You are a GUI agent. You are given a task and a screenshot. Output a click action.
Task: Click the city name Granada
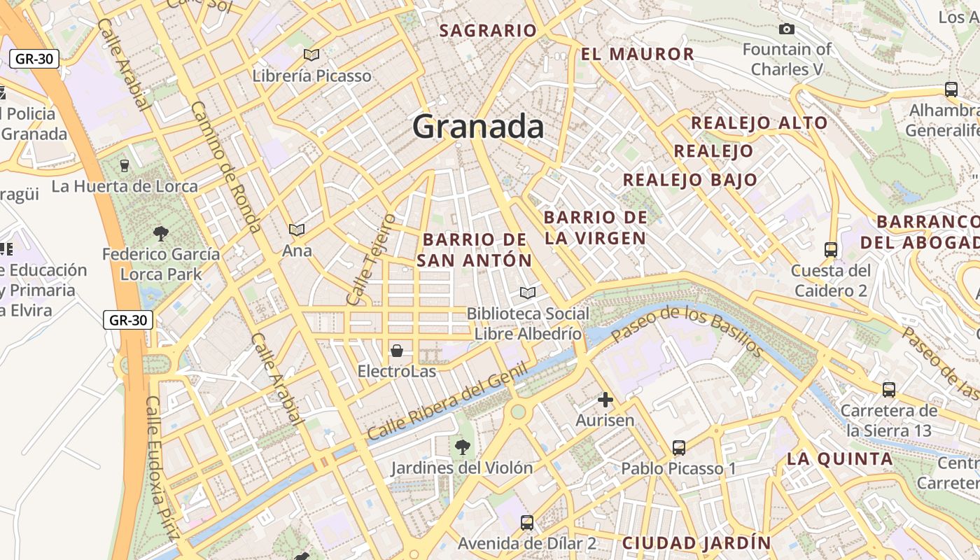point(478,127)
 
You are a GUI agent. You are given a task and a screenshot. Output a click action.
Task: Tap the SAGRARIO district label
point(488,31)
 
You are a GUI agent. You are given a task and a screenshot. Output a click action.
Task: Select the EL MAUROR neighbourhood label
point(637,54)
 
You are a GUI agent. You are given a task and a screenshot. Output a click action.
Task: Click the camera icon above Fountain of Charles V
point(787,29)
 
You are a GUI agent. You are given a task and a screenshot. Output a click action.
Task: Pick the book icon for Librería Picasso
point(311,55)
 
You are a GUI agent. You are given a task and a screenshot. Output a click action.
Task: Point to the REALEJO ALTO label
point(759,123)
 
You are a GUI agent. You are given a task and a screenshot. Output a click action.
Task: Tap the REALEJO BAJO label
point(690,180)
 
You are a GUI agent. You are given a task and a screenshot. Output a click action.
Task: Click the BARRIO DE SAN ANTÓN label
point(475,250)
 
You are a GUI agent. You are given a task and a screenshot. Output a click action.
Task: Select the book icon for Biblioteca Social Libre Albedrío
point(528,293)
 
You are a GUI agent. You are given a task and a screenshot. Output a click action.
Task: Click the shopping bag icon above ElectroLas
point(397,350)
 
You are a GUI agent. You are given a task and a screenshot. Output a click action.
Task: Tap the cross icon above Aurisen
point(605,400)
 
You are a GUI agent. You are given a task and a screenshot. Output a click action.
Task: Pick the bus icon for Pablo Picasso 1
point(678,447)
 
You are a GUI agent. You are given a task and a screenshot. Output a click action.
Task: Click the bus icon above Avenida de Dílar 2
point(527,522)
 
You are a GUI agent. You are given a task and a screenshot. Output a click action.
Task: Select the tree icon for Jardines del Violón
point(462,447)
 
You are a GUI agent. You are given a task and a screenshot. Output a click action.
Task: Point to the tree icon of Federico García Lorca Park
point(161,233)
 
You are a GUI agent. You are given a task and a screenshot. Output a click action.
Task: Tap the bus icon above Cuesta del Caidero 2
point(831,249)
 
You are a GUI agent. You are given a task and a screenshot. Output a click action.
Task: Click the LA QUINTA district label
point(840,459)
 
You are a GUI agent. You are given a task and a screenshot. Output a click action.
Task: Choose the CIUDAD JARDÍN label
point(696,542)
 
